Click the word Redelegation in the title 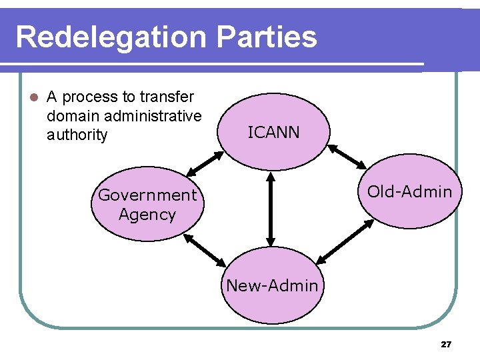click(x=111, y=37)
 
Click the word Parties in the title click(x=266, y=37)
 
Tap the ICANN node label click(x=273, y=133)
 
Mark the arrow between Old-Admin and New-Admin click(x=345, y=243)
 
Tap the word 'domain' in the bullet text click(x=71, y=116)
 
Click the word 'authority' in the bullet click(x=77, y=135)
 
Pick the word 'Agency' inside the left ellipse click(x=147, y=215)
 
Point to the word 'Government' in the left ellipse click(x=147, y=195)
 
